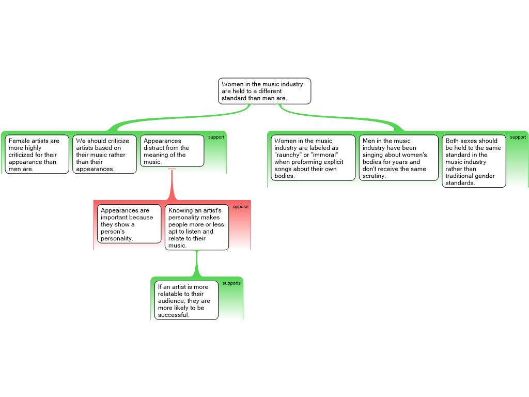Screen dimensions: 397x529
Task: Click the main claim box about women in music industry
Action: [264, 91]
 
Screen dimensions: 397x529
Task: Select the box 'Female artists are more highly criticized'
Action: [37, 155]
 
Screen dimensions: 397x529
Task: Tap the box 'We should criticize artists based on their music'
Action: [104, 155]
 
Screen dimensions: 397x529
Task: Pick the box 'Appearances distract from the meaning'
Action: [172, 151]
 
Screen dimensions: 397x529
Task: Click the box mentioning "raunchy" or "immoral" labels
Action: [313, 158]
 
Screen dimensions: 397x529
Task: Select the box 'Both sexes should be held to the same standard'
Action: [474, 161]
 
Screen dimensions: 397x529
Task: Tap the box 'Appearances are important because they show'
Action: [129, 224]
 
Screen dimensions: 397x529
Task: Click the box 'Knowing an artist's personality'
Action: [197, 227]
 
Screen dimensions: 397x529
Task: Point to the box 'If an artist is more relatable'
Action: [186, 300]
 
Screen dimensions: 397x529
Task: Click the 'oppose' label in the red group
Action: [241, 207]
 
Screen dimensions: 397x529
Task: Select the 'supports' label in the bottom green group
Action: [231, 283]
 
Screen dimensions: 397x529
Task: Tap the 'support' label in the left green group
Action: [216, 138]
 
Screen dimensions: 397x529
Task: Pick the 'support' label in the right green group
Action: [518, 138]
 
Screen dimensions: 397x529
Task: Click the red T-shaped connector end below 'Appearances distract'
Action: [172, 169]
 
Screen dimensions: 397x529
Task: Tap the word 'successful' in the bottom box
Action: [174, 315]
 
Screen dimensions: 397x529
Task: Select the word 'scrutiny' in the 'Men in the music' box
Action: [374, 176]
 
